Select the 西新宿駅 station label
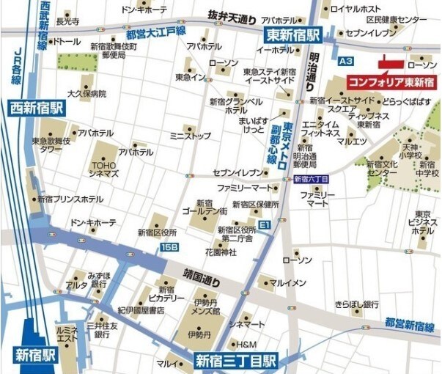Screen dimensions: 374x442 [x=37, y=107]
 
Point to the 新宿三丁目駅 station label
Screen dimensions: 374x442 [x=235, y=360]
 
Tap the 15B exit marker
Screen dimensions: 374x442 [x=169, y=248]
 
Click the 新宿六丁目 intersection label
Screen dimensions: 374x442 [x=311, y=179]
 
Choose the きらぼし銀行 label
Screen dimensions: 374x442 [x=356, y=304]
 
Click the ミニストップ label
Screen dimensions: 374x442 [x=190, y=136]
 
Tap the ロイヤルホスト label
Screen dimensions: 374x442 [x=355, y=10]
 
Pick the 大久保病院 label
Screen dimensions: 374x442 [x=86, y=95]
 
